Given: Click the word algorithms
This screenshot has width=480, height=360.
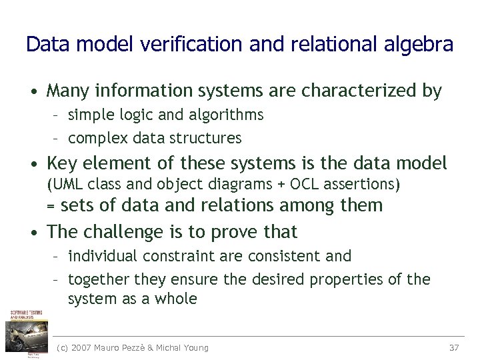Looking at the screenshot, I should [227, 115].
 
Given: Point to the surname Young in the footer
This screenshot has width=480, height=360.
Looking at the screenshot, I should [193, 347].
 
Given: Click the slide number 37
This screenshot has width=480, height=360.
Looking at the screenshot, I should [455, 347].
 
